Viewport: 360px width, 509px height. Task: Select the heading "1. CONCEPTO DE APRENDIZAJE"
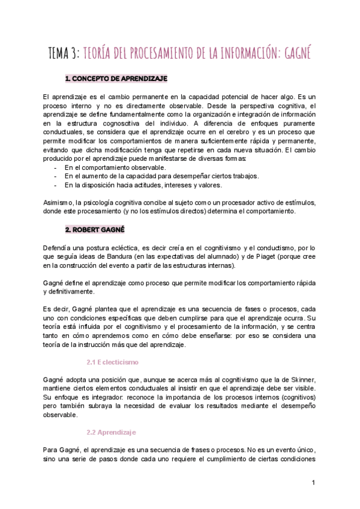click(x=116, y=79)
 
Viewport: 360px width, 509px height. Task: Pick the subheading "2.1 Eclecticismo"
click(x=113, y=363)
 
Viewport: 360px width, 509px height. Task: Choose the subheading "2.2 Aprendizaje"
click(x=112, y=432)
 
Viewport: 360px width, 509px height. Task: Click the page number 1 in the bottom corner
click(x=314, y=483)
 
